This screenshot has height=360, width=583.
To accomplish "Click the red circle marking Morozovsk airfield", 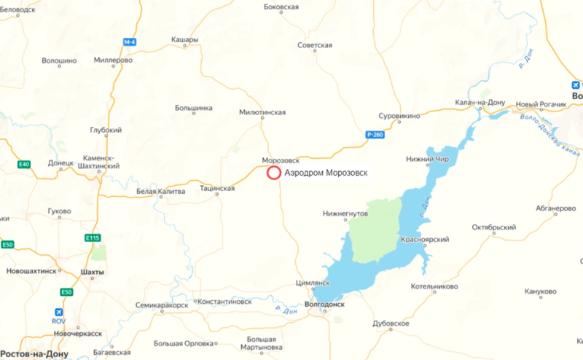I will pos(273,173).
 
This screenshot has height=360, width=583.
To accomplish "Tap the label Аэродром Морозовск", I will pos(326,173).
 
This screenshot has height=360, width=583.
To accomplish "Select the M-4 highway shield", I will pos(129,42).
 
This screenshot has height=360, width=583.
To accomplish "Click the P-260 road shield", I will pos(374,134).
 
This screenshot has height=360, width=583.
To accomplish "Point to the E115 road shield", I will pos(92,237).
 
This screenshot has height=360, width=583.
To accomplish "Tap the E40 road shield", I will pos(24,164).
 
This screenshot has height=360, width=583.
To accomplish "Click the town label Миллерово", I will pos(113,60).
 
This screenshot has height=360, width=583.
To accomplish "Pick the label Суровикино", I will pos(400,115).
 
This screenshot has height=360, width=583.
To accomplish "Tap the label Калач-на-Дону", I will pos(479,103).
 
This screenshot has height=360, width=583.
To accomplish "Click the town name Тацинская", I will pos(217,188).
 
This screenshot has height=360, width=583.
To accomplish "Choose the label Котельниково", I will pos(434,286).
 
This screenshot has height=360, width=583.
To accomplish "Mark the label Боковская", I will pos(281,7).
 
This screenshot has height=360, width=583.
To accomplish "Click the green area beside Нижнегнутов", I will pos(372,230).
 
